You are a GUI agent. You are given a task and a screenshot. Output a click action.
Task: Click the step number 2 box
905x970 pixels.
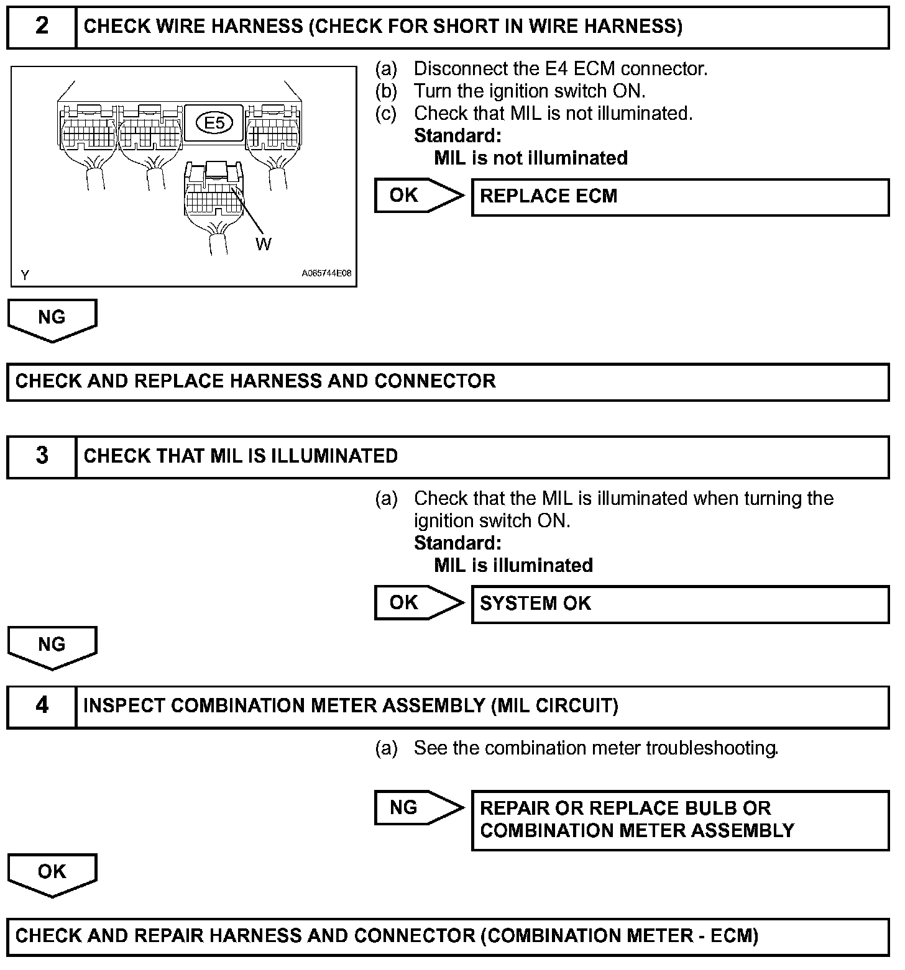pos(42,27)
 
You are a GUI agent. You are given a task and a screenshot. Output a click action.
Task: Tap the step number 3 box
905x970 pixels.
pos(42,456)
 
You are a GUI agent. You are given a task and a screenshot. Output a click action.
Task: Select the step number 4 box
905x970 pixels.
pos(42,706)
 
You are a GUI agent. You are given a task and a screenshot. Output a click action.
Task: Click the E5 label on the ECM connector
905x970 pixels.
pos(214,123)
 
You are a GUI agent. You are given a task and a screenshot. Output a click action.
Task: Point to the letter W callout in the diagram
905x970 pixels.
pos(264,245)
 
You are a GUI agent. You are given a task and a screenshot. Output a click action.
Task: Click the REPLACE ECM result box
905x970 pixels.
pos(680,197)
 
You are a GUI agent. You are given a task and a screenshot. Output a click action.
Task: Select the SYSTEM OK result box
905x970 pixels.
pos(680,604)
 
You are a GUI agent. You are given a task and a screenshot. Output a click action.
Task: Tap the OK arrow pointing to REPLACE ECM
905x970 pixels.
pos(418,196)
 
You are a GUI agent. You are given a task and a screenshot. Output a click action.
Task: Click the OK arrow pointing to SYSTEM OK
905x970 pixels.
pos(418,603)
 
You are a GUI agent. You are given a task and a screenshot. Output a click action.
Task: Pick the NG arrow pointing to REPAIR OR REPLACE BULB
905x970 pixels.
pos(418,808)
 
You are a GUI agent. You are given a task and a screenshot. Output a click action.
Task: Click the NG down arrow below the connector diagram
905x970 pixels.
pos(52,319)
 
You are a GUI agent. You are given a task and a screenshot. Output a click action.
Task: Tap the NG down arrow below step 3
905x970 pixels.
pos(52,646)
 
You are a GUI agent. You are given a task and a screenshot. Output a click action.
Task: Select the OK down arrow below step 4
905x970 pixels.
pos(52,874)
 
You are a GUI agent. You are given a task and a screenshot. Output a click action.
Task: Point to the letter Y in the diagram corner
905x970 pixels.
pos(25,275)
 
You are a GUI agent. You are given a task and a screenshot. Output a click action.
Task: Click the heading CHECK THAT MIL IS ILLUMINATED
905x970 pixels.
pos(241,456)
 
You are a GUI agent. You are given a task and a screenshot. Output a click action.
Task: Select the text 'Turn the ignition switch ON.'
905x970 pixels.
pos(530,91)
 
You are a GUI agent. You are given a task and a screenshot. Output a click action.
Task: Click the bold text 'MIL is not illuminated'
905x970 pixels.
pos(531,158)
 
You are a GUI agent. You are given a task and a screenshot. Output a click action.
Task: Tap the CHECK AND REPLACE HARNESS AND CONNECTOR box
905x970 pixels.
pos(448,381)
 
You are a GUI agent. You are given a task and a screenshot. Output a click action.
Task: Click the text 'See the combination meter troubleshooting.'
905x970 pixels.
pos(595,748)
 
